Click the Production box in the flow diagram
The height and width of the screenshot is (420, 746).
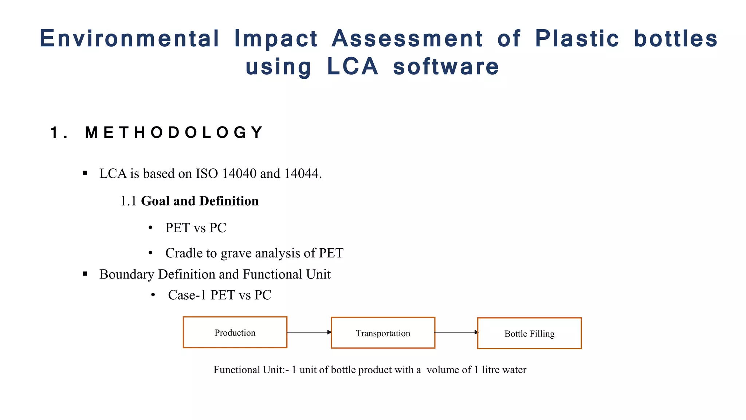[x=235, y=332]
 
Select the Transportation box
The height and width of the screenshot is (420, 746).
[x=383, y=333]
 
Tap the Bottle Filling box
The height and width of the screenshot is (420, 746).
[x=529, y=333]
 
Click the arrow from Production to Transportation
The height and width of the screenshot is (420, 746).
[x=309, y=332]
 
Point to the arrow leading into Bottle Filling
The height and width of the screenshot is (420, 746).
[x=456, y=332]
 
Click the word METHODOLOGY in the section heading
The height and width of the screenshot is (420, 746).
[x=174, y=132]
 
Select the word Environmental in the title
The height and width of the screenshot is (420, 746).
[x=130, y=39]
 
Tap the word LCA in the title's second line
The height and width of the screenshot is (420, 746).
[x=353, y=67]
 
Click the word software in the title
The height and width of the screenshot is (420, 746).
[x=446, y=67]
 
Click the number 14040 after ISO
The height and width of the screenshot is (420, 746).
[x=239, y=174]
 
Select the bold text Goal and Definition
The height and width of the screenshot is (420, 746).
[x=200, y=201]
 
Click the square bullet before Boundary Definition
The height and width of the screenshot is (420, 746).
[x=85, y=274]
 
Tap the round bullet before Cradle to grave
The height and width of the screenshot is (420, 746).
[x=150, y=253]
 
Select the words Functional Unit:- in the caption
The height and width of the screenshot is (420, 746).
[x=251, y=370]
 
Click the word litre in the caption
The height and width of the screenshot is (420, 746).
[x=490, y=370]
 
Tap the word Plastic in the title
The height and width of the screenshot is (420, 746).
[x=577, y=39]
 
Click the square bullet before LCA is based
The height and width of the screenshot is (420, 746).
[x=85, y=173]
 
